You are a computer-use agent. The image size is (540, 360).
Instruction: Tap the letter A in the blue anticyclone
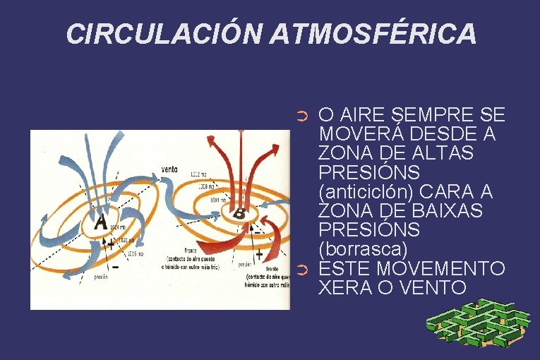[101, 222]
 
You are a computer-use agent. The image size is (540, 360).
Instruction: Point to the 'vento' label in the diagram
[169, 169]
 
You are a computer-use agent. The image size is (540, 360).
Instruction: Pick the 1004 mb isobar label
[219, 200]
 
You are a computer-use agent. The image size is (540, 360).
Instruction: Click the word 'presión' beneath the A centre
[102, 277]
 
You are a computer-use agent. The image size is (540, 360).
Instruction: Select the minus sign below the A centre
[115, 268]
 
